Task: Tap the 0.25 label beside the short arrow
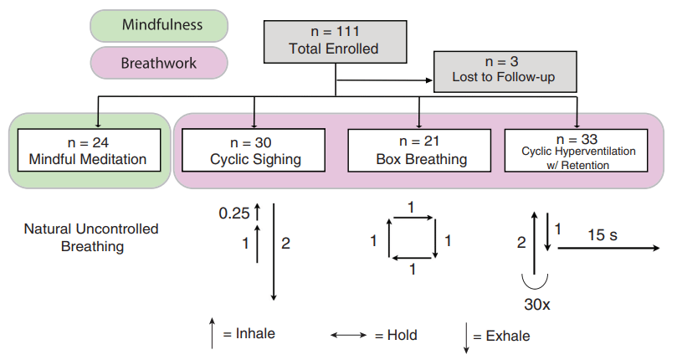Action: point(235,214)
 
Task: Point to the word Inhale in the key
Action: point(254,333)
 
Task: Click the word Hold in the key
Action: point(402,335)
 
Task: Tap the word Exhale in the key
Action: point(507,336)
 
